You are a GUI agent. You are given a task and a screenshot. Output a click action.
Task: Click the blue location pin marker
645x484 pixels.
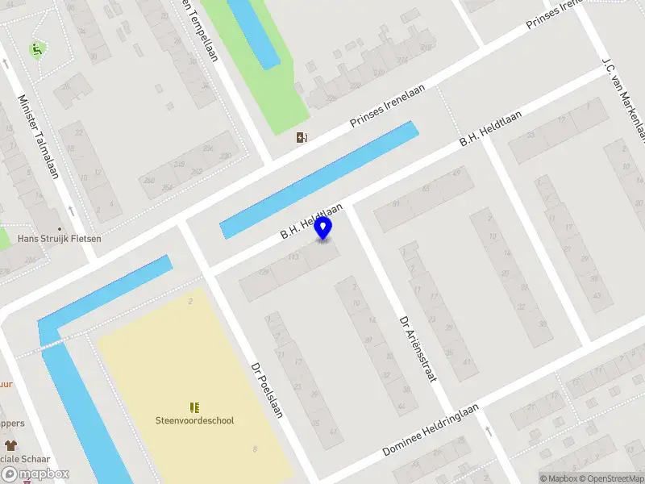323,228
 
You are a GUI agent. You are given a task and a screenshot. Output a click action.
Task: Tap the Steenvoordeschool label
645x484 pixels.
194,420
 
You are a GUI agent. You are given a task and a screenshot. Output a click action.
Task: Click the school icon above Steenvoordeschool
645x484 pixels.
194,407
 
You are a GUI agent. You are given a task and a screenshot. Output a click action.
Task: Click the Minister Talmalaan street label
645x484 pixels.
38,136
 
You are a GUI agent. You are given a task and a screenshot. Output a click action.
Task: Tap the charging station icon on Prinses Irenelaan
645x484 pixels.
302,137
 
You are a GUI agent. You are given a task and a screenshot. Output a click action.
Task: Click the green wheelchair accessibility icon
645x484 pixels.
37,50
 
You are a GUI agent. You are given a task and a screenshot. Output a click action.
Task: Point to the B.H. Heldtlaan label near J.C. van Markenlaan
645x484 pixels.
490,127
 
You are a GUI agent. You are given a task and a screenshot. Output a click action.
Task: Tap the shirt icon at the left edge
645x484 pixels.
10,444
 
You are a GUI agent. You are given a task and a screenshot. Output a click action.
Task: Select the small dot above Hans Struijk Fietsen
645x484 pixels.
60,228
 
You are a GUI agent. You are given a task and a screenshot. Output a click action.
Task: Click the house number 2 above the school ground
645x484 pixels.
190,302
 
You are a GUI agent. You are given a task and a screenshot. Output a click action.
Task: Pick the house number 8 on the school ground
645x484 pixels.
256,449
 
